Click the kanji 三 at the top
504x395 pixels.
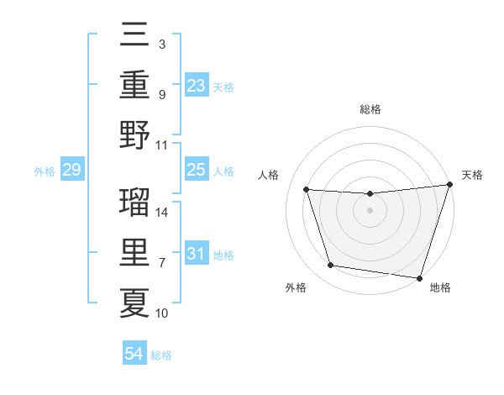pyautogui.click(x=134, y=36)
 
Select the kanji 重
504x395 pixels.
pyautogui.click(x=134, y=85)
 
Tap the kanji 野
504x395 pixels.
pyautogui.click(x=134, y=134)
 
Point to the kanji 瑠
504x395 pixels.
pyautogui.click(x=134, y=203)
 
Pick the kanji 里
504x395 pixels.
pyautogui.click(x=134, y=253)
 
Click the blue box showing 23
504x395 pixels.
pyautogui.click(x=196, y=85)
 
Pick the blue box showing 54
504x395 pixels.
pyautogui.click(x=134, y=354)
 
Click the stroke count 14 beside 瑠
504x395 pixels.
pyautogui.click(x=162, y=213)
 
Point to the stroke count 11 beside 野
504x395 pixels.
pyautogui.click(x=162, y=145)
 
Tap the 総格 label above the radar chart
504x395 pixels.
pyautogui.click(x=370, y=109)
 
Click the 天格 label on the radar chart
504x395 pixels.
pyautogui.click(x=473, y=175)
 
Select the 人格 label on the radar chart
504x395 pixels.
pyautogui.click(x=269, y=175)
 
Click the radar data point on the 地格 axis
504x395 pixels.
pyautogui.click(x=419, y=277)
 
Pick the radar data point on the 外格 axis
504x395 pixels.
pyautogui.click(x=331, y=266)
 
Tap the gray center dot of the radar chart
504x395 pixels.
pyautogui.click(x=370, y=210)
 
